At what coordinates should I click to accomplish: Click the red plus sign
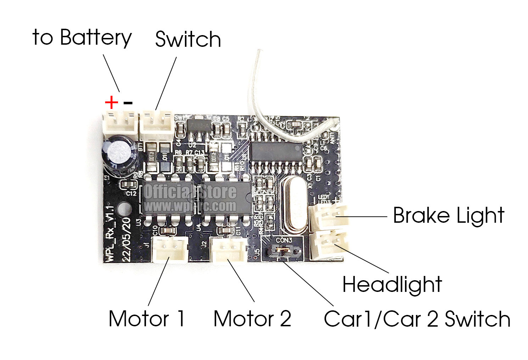click(111, 103)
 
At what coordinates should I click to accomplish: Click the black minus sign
click(128, 103)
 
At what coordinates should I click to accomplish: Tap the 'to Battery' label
click(82, 38)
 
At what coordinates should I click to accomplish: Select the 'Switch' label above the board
click(188, 39)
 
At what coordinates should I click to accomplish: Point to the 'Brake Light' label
click(449, 216)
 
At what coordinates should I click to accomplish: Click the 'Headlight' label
click(392, 284)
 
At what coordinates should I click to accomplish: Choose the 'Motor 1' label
click(147, 319)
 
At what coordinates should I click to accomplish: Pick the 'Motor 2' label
click(252, 319)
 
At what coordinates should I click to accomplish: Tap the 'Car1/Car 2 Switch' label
click(417, 319)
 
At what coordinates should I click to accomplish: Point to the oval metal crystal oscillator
click(294, 204)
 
